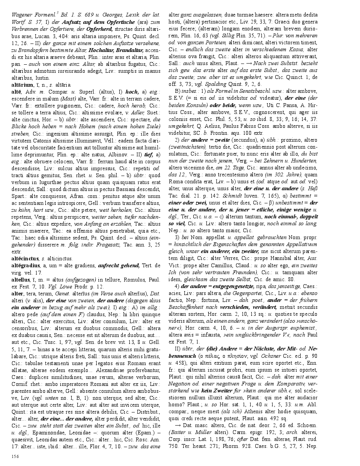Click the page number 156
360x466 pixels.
click(x=15, y=456)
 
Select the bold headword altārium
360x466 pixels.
click(x=22, y=84)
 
